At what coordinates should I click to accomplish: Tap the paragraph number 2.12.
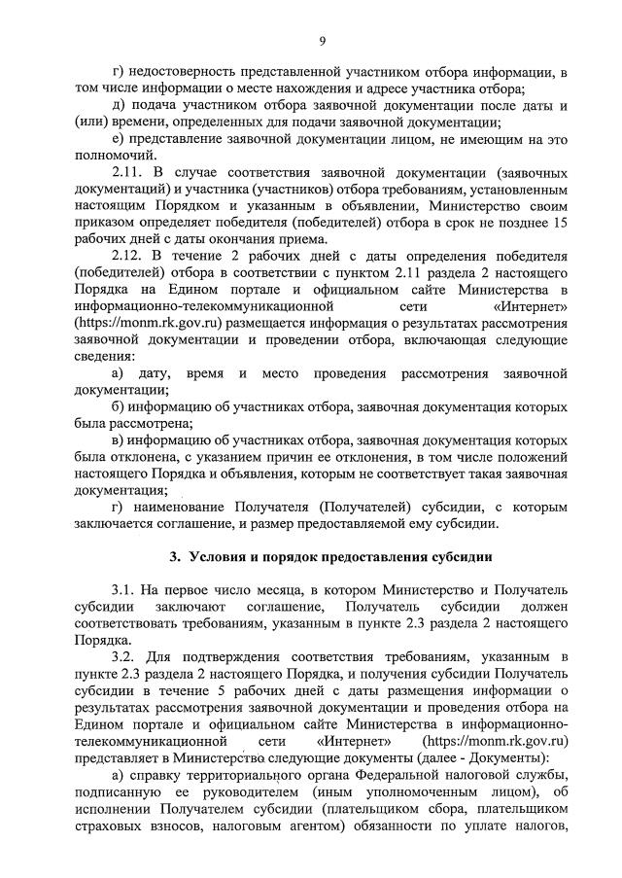129,256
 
